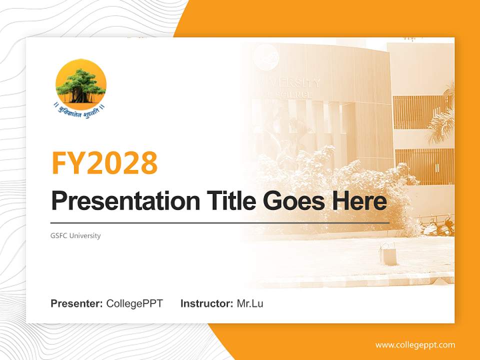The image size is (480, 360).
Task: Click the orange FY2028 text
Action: tap(104, 162)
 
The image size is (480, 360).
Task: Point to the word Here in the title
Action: tap(359, 201)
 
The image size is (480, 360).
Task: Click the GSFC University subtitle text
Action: tap(75, 235)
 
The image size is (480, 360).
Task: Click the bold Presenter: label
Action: tap(77, 303)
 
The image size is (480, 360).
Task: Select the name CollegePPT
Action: tap(134, 303)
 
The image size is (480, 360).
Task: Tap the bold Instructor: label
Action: tap(206, 303)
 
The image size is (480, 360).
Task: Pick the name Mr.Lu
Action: tap(249, 303)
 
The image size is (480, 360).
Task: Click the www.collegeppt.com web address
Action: tap(415, 345)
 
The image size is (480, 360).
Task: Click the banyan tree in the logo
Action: tap(80, 85)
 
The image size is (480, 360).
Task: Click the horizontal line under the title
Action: tap(220, 222)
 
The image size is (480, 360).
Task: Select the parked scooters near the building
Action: tap(435, 225)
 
